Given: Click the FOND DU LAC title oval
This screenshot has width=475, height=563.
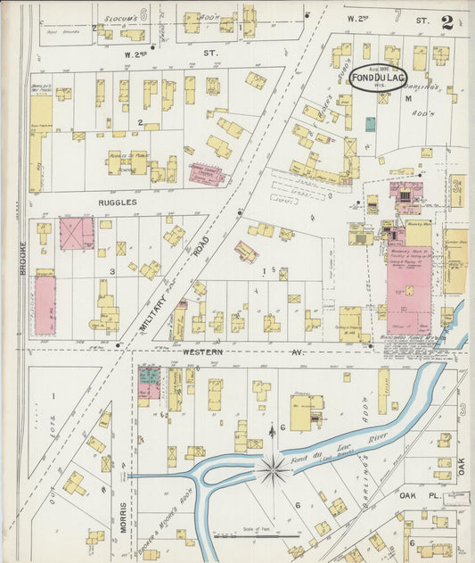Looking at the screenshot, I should click(x=378, y=78).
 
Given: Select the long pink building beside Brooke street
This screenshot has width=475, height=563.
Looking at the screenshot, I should click(x=44, y=304).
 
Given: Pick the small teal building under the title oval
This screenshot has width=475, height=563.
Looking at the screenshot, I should click(x=370, y=124).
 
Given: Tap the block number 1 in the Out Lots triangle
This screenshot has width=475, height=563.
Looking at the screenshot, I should click(x=53, y=394).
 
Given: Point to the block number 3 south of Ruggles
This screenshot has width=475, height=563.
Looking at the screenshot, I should click(x=112, y=270).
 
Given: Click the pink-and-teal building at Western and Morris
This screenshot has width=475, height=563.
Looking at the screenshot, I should click(x=149, y=382).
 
